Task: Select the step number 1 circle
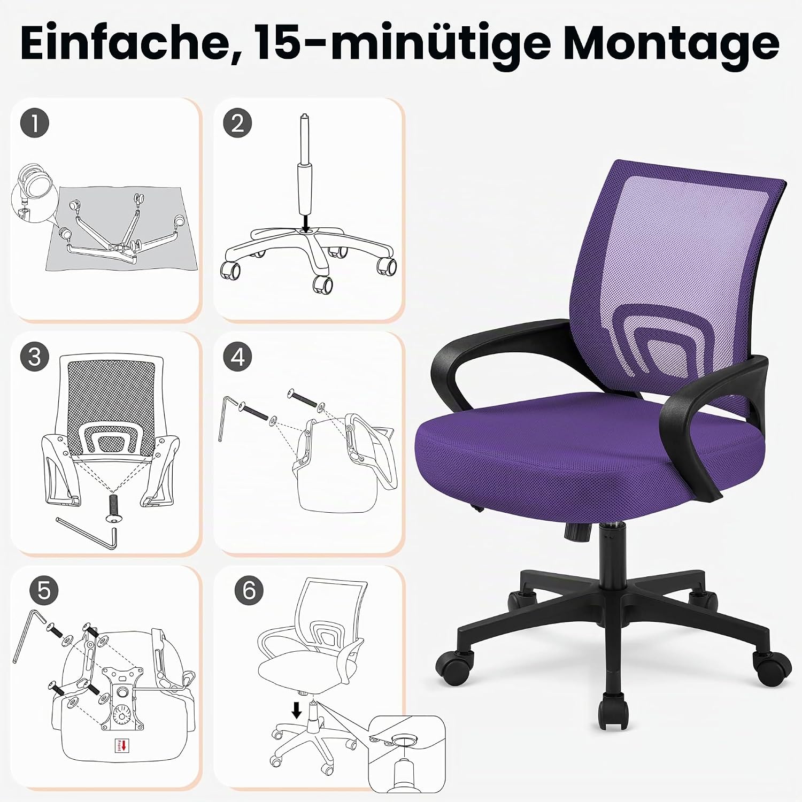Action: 35,123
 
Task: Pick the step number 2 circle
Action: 238,123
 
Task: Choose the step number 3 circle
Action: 35,357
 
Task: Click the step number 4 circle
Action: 238,357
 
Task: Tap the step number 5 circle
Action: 44,591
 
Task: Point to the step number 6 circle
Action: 249,591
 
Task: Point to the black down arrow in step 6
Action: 297,711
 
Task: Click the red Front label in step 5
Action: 122,745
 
